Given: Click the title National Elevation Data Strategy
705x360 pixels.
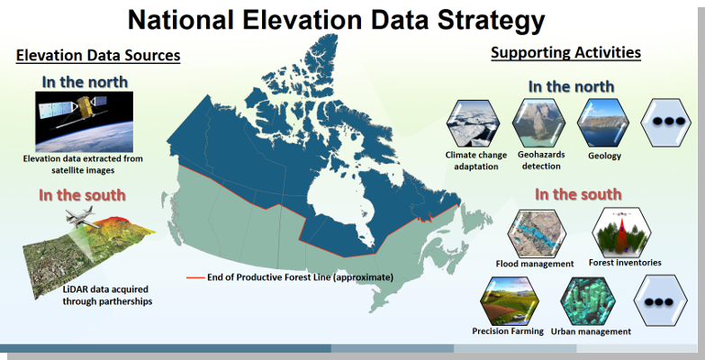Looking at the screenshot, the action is click(x=336, y=20).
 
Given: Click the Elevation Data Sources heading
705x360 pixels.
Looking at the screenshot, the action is click(x=98, y=55).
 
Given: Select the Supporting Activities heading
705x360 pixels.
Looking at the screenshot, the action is click(x=565, y=52).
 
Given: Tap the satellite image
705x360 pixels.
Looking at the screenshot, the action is click(x=84, y=121).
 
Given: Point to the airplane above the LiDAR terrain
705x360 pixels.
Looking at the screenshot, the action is click(x=81, y=217).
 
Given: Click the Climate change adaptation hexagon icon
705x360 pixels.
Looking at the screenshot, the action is click(x=473, y=123).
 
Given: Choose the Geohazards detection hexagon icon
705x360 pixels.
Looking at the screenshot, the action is click(x=538, y=123).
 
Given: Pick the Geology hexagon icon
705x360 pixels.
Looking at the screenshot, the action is click(x=603, y=123).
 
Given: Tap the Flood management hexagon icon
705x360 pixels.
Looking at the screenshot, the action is click(x=537, y=234).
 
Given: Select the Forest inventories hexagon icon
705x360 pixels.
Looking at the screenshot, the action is click(x=621, y=232).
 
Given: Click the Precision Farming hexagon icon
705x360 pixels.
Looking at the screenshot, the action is click(x=510, y=301).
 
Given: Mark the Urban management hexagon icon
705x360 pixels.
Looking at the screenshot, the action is click(x=589, y=301).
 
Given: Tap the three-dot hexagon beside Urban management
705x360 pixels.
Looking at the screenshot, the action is click(x=661, y=301).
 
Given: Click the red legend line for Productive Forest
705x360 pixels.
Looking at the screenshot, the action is click(x=195, y=278).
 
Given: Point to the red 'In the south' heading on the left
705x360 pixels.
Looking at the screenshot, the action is click(x=82, y=195).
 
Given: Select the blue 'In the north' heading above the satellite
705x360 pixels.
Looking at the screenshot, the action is click(x=85, y=82).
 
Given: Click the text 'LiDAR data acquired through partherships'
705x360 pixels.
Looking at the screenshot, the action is click(x=107, y=295).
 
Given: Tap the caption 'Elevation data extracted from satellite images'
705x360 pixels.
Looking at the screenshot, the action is click(x=83, y=165).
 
